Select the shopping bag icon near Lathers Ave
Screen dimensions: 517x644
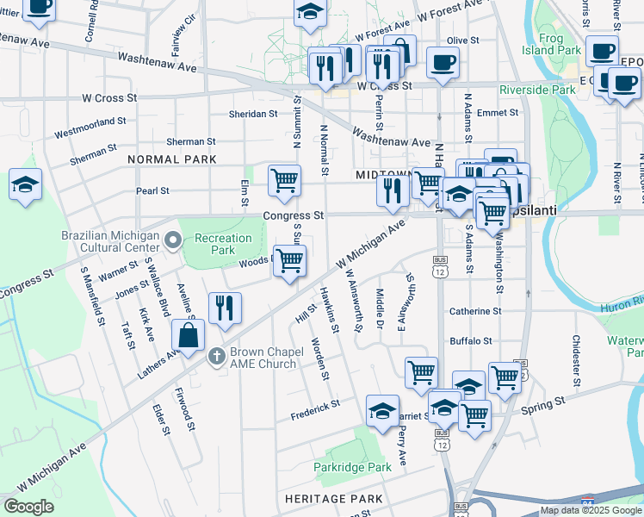click(x=188, y=335)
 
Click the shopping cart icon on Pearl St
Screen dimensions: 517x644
click(x=284, y=181)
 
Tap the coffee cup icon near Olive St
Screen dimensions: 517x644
click(x=443, y=63)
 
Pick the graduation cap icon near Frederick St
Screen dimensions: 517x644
click(x=382, y=411)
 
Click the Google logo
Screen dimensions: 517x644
click(x=28, y=506)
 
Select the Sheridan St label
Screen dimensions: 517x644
click(x=253, y=113)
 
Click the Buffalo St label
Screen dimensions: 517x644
click(x=470, y=341)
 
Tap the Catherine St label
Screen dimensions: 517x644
click(x=474, y=311)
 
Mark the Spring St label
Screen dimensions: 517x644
click(x=545, y=402)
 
